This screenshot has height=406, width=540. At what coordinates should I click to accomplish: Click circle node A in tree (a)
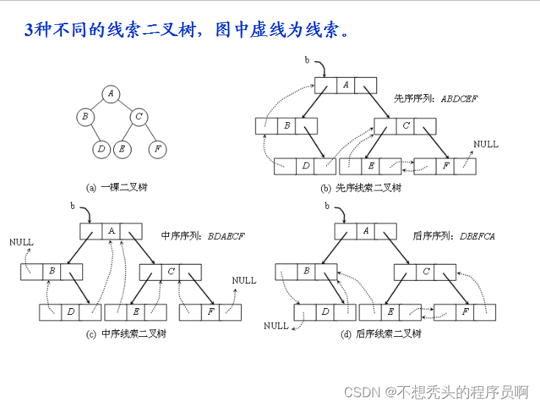(111, 93)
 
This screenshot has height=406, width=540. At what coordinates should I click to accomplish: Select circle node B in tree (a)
(85, 116)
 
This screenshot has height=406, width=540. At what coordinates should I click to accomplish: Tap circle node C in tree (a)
(138, 116)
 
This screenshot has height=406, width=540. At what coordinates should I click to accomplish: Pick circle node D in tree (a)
(101, 149)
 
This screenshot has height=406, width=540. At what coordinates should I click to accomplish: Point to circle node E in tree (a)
(122, 149)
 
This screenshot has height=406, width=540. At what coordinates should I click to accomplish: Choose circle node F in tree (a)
(156, 149)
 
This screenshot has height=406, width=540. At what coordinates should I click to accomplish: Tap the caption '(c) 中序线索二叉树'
(126, 333)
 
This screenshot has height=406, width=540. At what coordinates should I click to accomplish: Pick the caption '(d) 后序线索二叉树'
(381, 333)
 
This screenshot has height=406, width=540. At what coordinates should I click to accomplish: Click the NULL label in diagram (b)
(486, 143)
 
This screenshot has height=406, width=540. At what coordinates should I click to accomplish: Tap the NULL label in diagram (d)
(276, 326)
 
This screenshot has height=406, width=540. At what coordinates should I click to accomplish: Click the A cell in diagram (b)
(346, 85)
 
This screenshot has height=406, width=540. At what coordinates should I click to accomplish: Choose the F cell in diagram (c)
(211, 312)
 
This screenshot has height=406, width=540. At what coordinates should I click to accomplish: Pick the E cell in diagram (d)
(391, 312)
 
